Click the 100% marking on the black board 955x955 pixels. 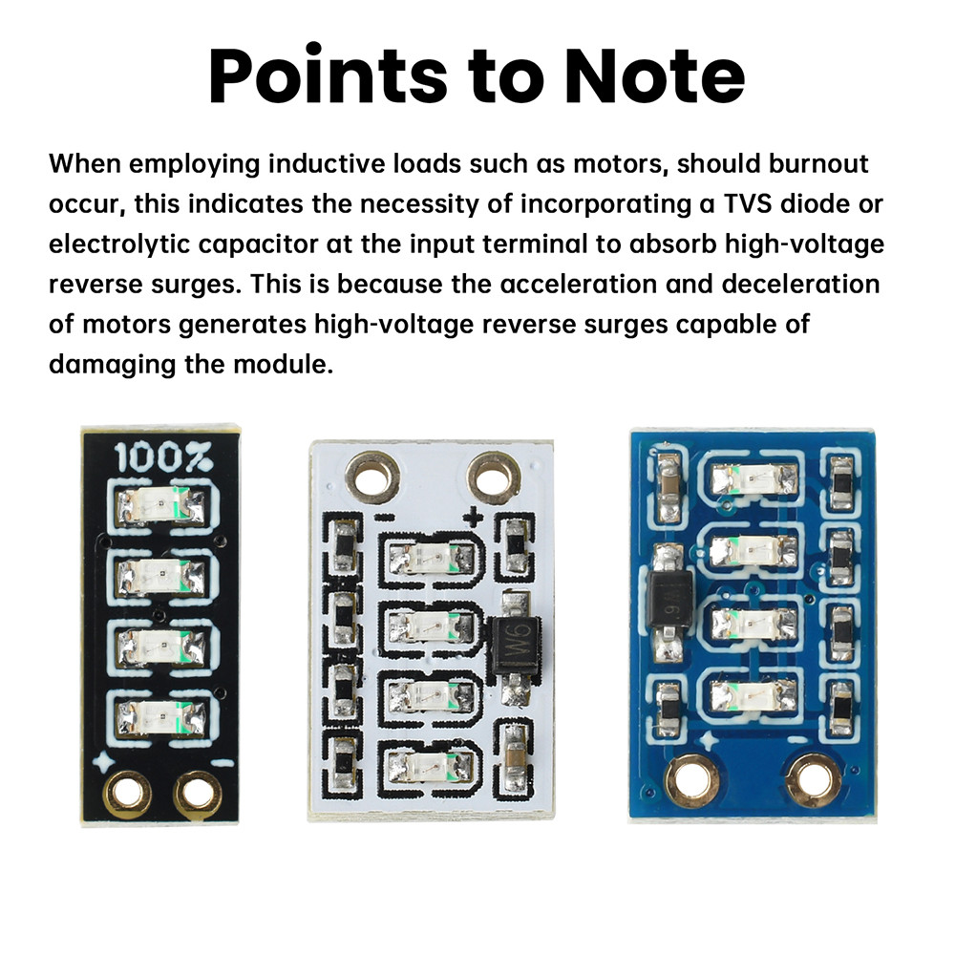pyautogui.click(x=162, y=456)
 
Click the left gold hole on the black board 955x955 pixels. pyautogui.click(x=127, y=792)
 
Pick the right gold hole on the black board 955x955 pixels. pyautogui.click(x=196, y=793)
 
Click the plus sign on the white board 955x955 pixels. pyautogui.click(x=473, y=518)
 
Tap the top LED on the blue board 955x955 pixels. pyautogui.click(x=754, y=479)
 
